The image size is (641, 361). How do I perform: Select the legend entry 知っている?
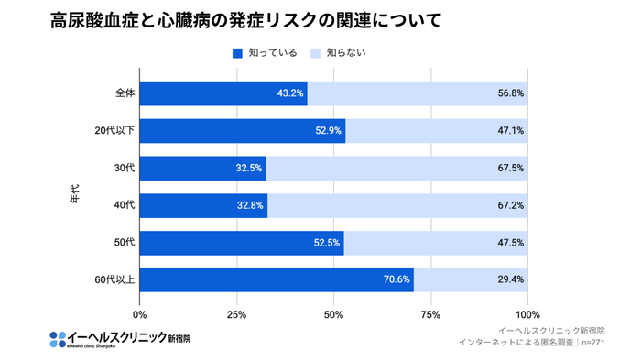tap(265, 53)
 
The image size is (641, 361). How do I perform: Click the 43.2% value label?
tap(289, 93)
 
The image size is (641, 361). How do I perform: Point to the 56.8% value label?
tap(511, 93)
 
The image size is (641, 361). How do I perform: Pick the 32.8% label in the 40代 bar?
tap(250, 205)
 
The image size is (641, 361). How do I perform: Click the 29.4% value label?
tap(511, 280)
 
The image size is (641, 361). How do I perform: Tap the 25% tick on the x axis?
tap(236, 314)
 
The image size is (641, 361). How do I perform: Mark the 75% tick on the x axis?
tap(430, 314)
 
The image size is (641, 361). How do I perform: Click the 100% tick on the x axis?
tap(527, 314)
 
